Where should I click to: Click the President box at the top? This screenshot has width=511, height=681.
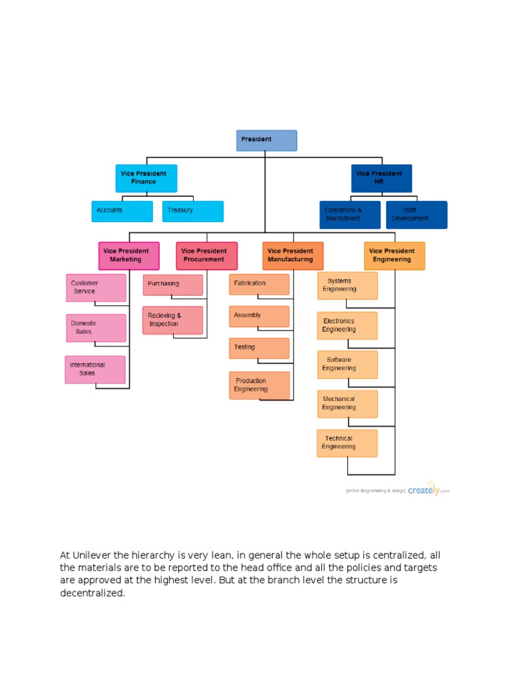tap(266, 140)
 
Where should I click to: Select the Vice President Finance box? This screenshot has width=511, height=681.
tap(146, 178)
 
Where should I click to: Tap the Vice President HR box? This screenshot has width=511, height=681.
tap(381, 178)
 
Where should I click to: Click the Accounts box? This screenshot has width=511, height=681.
tap(122, 211)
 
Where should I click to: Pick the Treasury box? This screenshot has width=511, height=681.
tap(193, 211)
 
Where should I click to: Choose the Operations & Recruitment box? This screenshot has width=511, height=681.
tap(350, 215)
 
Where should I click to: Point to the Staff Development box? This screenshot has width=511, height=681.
tap(417, 215)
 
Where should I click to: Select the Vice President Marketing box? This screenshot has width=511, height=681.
tap(129, 255)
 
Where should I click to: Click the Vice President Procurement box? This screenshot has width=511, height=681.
tap(206, 255)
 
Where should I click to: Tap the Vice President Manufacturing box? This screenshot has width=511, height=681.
tap(293, 255)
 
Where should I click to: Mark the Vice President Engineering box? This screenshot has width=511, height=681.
tap(394, 255)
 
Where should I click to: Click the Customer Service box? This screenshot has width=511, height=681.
tap(96, 288)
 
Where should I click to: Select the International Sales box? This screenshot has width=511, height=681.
tap(95, 370)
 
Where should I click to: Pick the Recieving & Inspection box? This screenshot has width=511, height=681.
tap(172, 320)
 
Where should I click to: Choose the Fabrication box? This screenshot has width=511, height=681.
tap(259, 284)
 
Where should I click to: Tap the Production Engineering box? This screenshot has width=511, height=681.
tap(259, 385)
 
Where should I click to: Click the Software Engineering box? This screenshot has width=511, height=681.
tap(347, 364)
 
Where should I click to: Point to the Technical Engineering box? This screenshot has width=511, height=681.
tap(347, 443)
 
